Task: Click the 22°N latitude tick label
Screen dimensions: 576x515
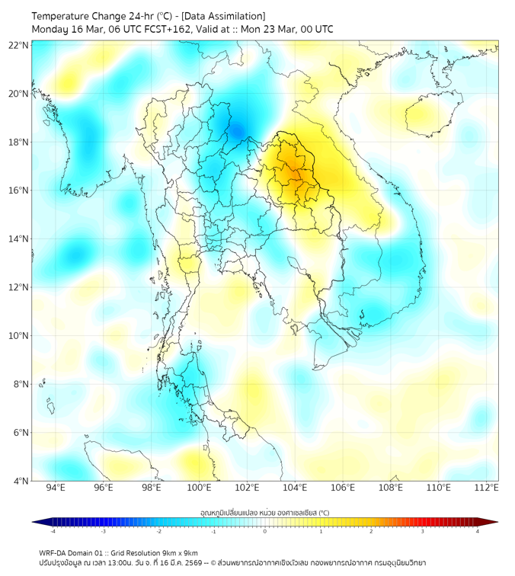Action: (19, 45)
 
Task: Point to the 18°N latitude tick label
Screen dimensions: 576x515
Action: (19, 142)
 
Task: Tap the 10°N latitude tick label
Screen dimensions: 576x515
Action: (19, 335)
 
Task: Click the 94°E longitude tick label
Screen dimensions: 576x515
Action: (56, 488)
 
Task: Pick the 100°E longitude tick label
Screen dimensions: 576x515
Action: (200, 488)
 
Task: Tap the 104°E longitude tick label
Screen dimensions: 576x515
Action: (296, 488)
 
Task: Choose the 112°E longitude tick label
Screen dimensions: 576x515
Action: (487, 488)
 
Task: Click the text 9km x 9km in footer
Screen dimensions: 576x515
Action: (181, 552)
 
